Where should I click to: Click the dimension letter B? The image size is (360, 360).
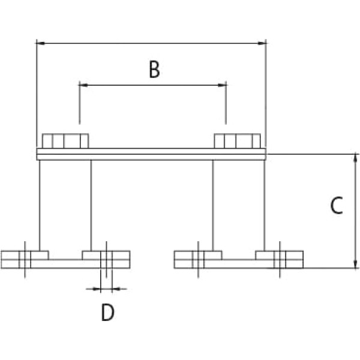[154, 70]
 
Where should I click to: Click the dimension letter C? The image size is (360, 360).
[337, 206]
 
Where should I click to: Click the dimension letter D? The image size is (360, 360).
[107, 313]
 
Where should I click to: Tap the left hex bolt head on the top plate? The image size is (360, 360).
[65, 141]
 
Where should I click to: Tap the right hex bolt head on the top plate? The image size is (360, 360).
[238, 141]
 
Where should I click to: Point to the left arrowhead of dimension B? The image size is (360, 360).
[83, 85]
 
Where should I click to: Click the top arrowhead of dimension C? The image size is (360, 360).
[356, 158]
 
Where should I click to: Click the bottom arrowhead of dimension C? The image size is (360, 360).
[356, 264]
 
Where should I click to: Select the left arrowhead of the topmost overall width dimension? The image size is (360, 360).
[40, 43]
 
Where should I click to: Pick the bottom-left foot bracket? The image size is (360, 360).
[65, 260]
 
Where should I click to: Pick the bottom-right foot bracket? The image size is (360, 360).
[239, 260]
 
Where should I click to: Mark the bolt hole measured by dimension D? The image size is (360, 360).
[106, 259]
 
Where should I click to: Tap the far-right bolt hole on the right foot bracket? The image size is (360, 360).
[280, 259]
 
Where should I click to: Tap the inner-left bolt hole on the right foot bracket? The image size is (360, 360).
[197, 259]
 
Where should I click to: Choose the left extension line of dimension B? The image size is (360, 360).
[79, 105]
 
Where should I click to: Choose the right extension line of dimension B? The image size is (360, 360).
[226, 105]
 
